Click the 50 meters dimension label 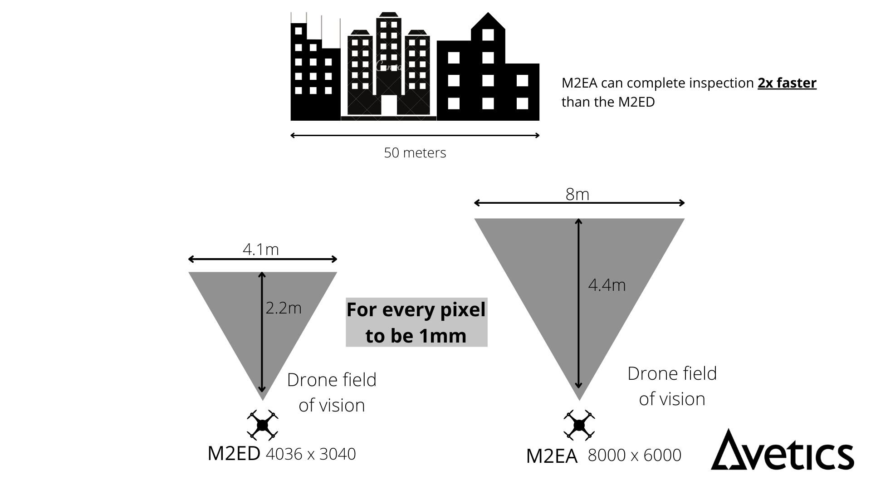pyautogui.click(x=415, y=153)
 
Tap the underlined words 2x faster pyautogui.click(x=787, y=83)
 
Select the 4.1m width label pyautogui.click(x=260, y=249)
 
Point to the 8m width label pyautogui.click(x=577, y=194)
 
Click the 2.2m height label pyautogui.click(x=283, y=308)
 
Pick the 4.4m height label pyautogui.click(x=607, y=285)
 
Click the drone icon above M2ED pyautogui.click(x=262, y=425)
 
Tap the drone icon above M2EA pyautogui.click(x=579, y=425)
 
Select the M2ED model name pyautogui.click(x=234, y=453)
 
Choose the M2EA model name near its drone pyautogui.click(x=552, y=456)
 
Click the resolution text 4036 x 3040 pyautogui.click(x=311, y=454)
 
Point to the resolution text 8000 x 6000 pyautogui.click(x=634, y=455)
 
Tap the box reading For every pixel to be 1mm pyautogui.click(x=416, y=323)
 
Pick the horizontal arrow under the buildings pyautogui.click(x=415, y=135)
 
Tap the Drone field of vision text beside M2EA pyautogui.click(x=672, y=386)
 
